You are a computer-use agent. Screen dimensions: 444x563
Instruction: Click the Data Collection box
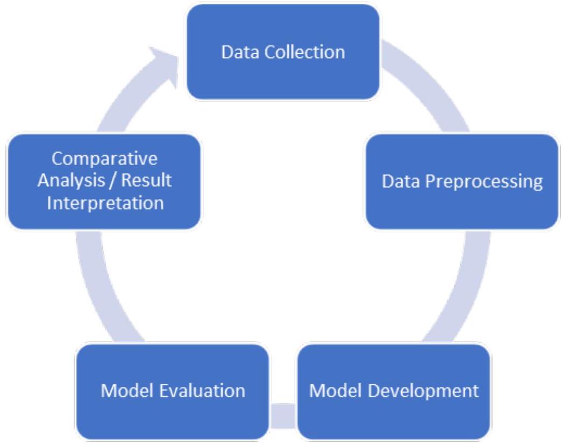click(x=282, y=52)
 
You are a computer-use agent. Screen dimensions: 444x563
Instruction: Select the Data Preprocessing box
click(x=461, y=181)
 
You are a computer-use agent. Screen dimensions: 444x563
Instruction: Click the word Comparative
click(x=105, y=160)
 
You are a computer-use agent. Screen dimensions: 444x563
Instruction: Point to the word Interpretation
click(x=105, y=203)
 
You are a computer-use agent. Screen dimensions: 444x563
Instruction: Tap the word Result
click(x=146, y=181)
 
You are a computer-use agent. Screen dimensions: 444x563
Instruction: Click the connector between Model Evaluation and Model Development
click(x=283, y=416)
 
